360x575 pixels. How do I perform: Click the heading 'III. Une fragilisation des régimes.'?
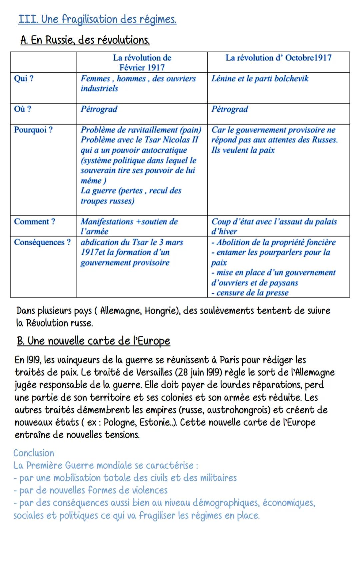(97, 19)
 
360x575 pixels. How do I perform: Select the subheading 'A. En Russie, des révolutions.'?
(85, 40)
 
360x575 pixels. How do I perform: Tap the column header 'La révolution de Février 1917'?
(142, 62)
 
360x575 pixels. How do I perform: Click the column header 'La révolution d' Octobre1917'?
(278, 58)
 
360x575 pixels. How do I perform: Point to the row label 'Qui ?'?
(23, 79)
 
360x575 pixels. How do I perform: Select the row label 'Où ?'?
(22, 109)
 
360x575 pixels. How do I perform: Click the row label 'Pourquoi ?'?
(33, 130)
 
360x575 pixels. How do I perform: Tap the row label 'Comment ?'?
(34, 222)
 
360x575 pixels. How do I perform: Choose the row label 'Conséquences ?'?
(42, 242)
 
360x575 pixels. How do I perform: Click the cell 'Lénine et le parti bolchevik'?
(260, 79)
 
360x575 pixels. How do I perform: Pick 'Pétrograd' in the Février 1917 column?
(99, 109)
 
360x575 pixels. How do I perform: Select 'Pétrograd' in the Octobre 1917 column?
(230, 109)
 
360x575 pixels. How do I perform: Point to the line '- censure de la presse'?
(250, 293)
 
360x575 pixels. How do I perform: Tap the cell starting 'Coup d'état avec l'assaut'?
(274, 226)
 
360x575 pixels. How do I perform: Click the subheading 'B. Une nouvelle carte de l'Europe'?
(93, 341)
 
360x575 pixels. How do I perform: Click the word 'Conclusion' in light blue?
(34, 453)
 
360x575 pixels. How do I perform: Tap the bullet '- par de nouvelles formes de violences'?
(90, 490)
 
